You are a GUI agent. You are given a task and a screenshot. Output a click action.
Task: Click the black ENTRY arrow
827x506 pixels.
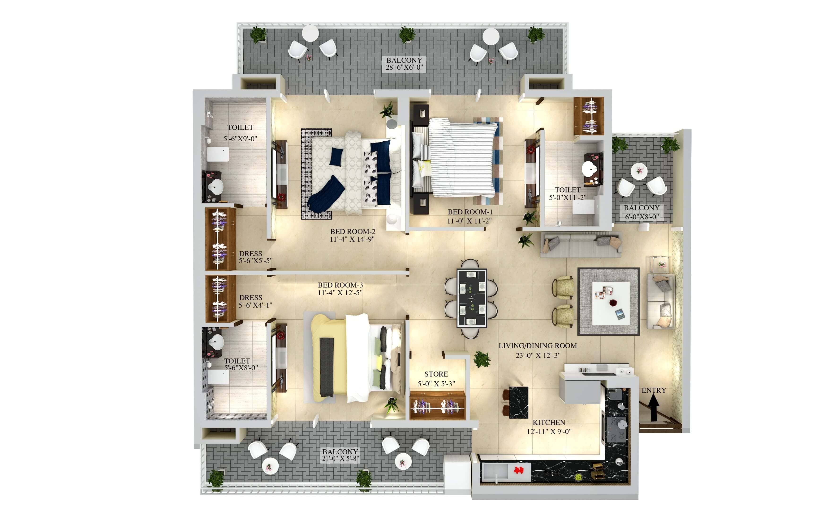coord(654,407)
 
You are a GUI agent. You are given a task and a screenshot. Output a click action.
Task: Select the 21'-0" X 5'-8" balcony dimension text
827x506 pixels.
coord(340,458)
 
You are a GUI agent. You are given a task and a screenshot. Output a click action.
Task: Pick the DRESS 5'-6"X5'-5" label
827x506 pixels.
coord(255,257)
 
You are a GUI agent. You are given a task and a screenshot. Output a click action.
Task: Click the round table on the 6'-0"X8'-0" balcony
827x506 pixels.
coord(638,171)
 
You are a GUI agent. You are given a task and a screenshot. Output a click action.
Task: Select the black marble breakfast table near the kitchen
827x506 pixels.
coord(519,402)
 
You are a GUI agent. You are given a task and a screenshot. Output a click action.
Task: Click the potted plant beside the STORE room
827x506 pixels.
coord(482,359)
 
